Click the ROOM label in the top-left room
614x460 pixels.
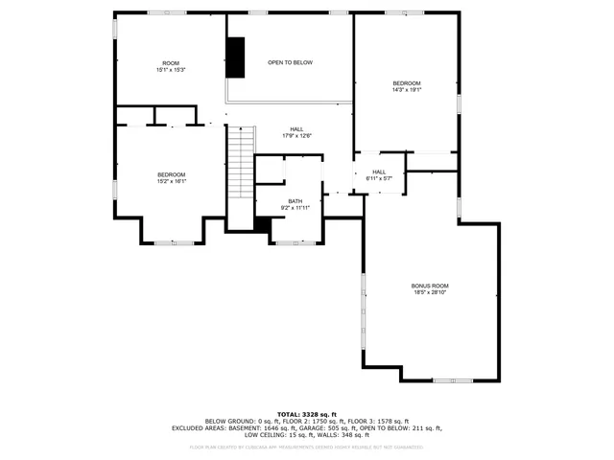[x=171, y=63]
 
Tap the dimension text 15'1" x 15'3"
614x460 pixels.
[x=171, y=70]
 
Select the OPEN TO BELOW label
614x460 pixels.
[x=290, y=62]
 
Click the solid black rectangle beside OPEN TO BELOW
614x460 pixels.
[x=236, y=57]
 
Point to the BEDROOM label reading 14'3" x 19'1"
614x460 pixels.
[x=406, y=83]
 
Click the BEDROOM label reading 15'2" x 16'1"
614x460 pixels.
[x=171, y=174]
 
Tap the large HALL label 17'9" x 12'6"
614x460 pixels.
[x=296, y=129]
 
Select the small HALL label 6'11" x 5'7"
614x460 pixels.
[x=379, y=172]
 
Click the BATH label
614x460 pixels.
[x=295, y=201]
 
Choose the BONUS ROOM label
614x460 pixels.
[x=430, y=286]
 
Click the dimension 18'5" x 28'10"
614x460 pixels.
[x=430, y=292]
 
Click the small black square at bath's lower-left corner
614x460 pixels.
[x=261, y=223]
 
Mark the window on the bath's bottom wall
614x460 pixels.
[x=295, y=242]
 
